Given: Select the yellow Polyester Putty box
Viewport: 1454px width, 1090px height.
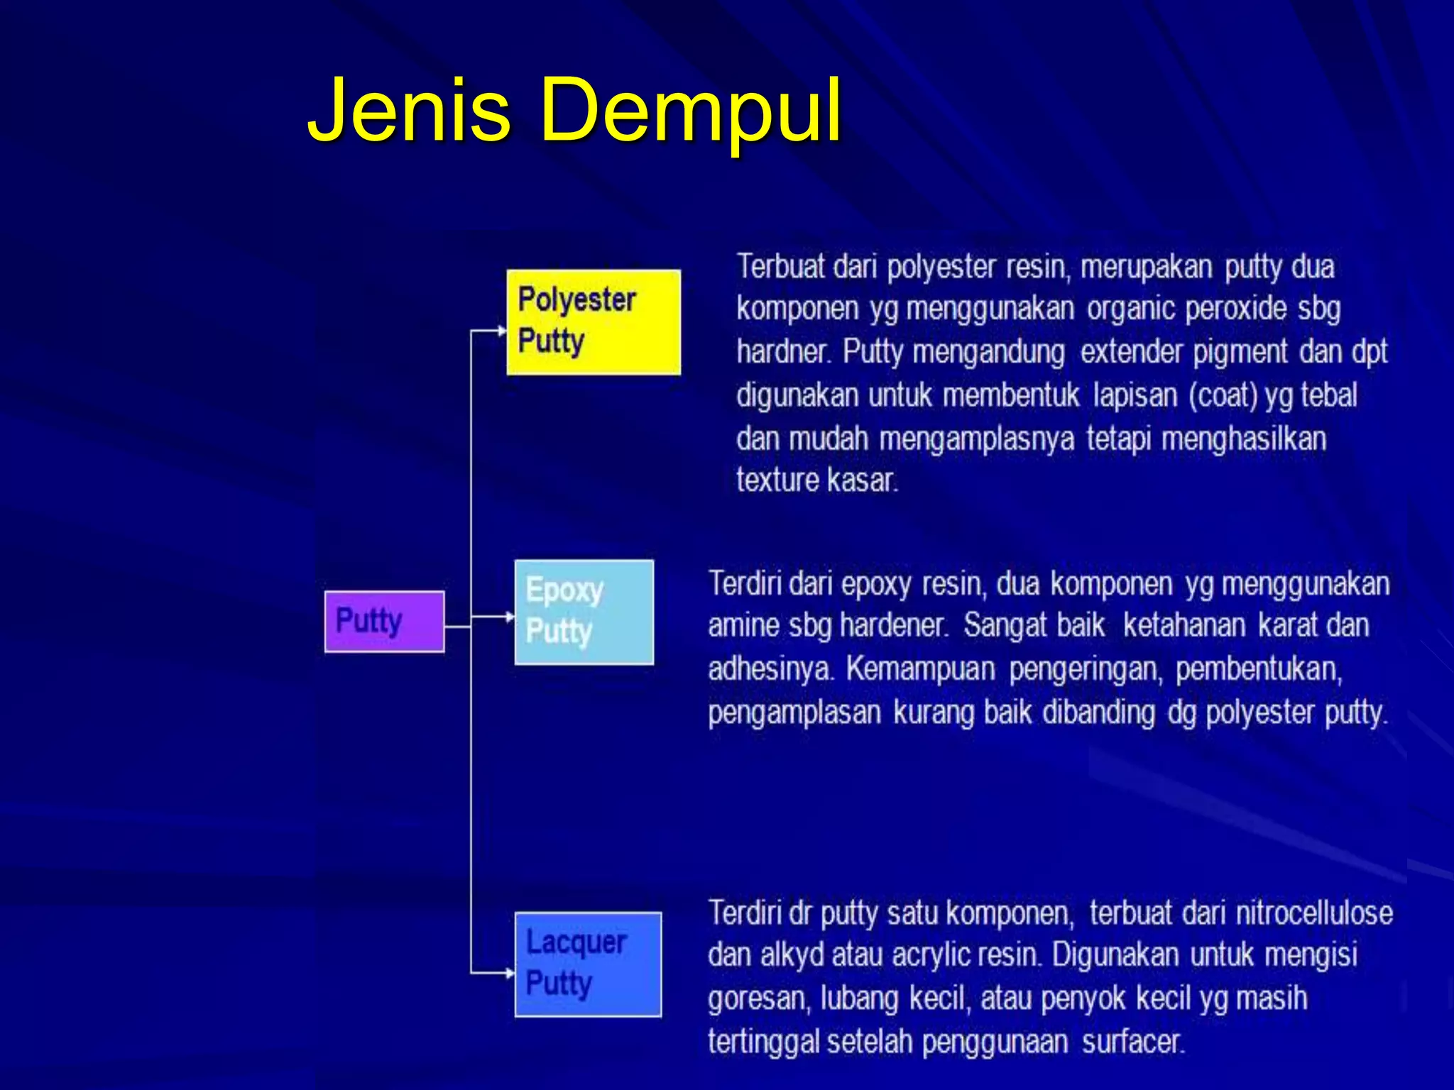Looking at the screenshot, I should click(593, 321).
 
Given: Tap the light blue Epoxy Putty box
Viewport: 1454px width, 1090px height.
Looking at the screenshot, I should click(584, 612).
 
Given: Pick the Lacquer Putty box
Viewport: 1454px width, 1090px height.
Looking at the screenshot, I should click(588, 964).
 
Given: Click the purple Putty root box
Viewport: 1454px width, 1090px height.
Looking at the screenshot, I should click(384, 621).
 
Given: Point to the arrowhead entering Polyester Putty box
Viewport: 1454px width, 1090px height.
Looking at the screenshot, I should click(501, 330).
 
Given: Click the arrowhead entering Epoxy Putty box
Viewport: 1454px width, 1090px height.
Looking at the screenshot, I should click(510, 617).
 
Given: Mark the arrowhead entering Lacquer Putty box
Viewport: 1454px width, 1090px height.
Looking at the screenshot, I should click(510, 973).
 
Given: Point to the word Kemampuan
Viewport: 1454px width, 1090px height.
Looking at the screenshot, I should click(920, 668).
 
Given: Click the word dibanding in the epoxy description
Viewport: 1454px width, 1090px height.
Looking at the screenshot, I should click(1098, 712).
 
